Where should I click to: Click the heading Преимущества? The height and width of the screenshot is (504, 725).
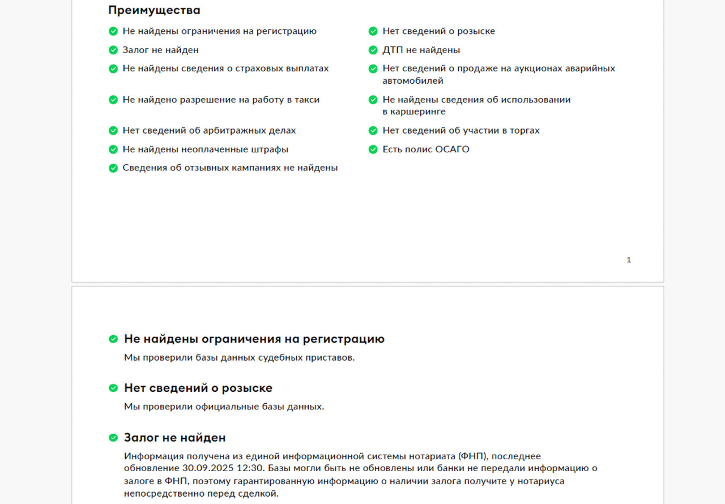(x=154, y=10)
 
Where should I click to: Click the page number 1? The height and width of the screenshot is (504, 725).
(x=629, y=260)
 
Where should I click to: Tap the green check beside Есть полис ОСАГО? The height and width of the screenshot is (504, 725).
(x=373, y=150)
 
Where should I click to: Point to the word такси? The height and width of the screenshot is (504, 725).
(x=307, y=100)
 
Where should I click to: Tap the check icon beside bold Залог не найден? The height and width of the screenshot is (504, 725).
(x=113, y=438)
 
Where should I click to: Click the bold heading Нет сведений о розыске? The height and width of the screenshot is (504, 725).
(x=198, y=388)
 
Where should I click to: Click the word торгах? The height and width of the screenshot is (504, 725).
(x=524, y=130)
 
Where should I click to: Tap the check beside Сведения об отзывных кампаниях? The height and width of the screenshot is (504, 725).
(x=113, y=168)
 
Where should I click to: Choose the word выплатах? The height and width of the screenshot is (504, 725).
(x=308, y=69)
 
